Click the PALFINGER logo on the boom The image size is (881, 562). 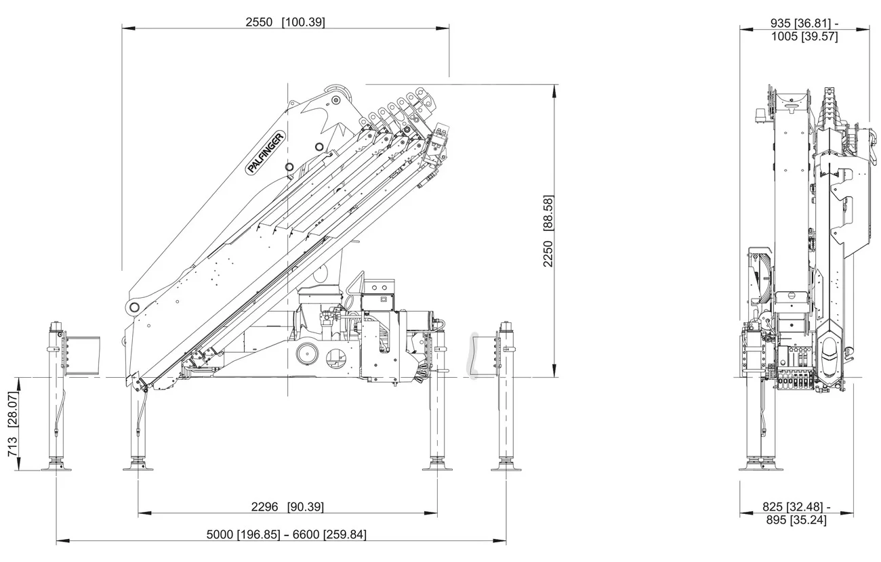(266, 158)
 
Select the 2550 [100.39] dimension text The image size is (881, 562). (285, 22)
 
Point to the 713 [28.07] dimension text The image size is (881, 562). (13, 424)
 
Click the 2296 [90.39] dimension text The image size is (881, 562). (287, 507)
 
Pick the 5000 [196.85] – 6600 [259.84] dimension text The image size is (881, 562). (286, 534)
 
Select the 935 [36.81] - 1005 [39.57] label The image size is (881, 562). (804, 30)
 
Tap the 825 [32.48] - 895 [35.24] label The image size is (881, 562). (796, 513)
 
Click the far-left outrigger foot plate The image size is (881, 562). (56, 468)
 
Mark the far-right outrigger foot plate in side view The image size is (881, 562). (506, 468)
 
